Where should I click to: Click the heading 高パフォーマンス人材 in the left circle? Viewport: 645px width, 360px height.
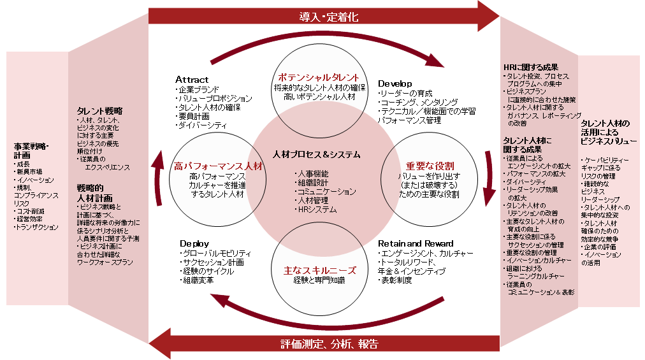pos(218,166)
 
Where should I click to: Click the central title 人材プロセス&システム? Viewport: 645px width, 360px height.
pos(316,154)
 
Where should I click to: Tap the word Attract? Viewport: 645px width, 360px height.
pos(192,80)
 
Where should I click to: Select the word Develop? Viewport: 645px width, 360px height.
pos(395,83)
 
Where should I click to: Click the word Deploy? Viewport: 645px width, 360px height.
pos(194,244)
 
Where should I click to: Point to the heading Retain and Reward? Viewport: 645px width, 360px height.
pos(416,243)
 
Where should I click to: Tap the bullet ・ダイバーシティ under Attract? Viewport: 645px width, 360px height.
pos(201,126)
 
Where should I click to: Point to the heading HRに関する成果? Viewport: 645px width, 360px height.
pos(530,67)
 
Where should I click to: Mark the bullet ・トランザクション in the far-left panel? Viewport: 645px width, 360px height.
pos(36,227)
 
